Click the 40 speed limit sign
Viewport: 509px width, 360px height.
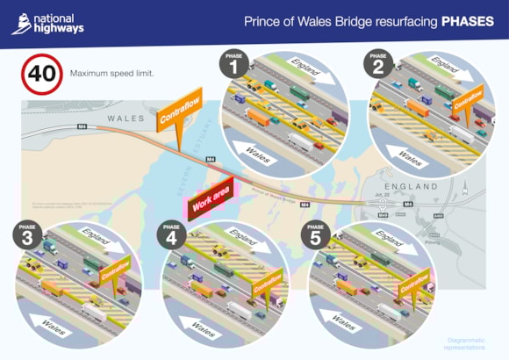(x=42, y=74)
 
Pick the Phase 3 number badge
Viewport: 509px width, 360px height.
(x=28, y=236)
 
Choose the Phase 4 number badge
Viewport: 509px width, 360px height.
(x=170, y=236)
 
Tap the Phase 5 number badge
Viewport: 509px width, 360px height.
(x=314, y=236)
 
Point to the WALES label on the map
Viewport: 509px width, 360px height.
(x=125, y=118)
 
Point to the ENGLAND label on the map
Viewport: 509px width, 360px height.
(x=410, y=187)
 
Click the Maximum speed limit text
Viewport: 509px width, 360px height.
(x=112, y=74)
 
